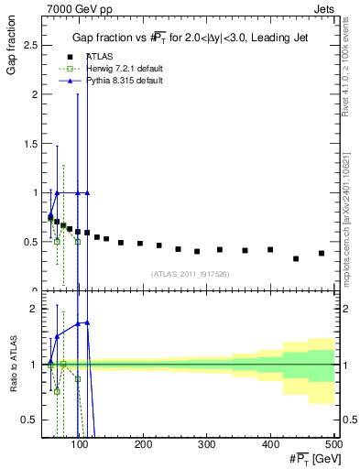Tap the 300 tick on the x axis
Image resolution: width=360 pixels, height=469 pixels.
pyautogui.click(x=207, y=445)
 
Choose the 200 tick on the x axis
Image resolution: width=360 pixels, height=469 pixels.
pyautogui.click(x=144, y=445)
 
